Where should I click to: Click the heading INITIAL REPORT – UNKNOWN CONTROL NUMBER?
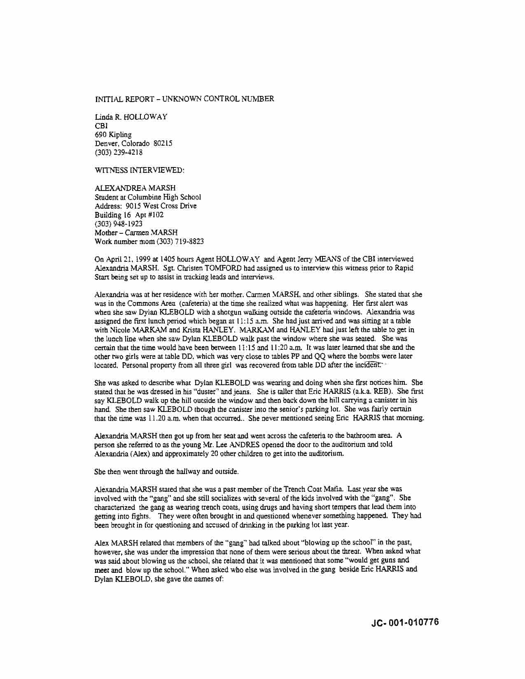184,99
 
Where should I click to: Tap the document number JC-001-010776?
405,622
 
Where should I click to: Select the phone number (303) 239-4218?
119,152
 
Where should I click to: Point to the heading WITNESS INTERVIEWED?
140,170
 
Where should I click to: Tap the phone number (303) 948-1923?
119,224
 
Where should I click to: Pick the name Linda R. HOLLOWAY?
131,117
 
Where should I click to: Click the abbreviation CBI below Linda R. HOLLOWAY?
101,126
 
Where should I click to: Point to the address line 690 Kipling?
113,135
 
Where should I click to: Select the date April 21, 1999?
123,259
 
